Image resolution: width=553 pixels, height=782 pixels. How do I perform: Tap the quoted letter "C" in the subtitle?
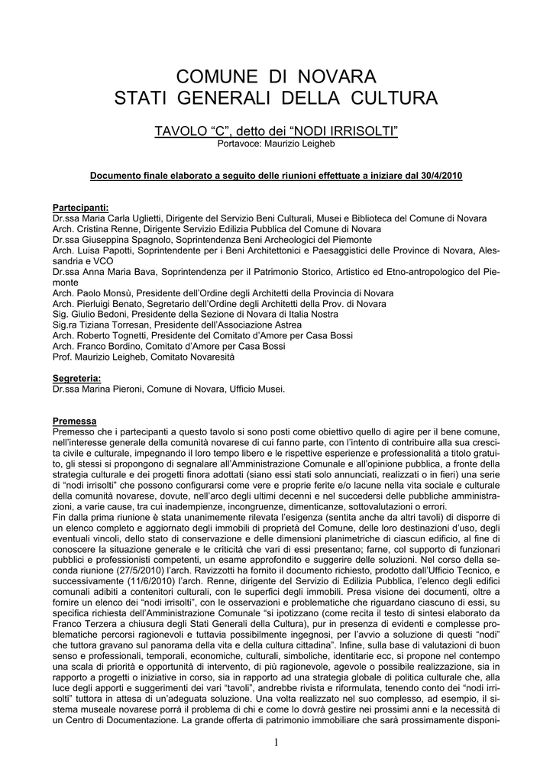click(x=215, y=132)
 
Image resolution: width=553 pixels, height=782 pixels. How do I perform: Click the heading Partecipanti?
click(x=81, y=208)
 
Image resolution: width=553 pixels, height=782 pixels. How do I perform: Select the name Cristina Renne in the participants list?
click(x=102, y=229)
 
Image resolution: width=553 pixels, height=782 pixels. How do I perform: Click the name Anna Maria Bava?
click(x=113, y=272)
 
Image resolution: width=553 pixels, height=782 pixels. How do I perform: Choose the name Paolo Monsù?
click(x=99, y=293)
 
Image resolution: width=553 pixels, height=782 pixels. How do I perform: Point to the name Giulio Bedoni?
click(x=95, y=315)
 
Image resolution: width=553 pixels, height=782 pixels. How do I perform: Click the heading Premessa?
click(x=75, y=422)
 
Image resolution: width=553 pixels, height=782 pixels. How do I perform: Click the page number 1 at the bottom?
click(x=276, y=745)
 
